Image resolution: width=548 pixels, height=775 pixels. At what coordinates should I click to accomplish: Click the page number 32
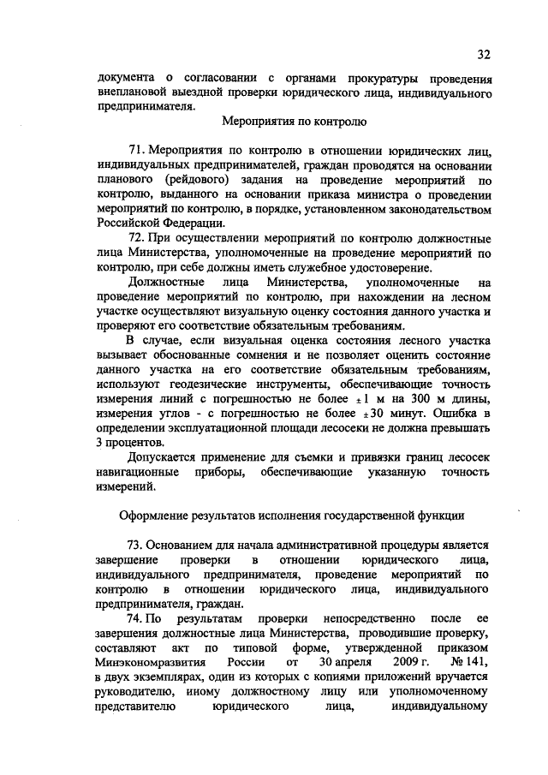pyautogui.click(x=484, y=55)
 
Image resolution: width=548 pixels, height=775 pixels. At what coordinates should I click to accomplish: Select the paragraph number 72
pyautogui.click(x=135, y=237)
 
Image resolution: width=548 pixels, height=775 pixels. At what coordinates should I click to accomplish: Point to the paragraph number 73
pyautogui.click(x=135, y=545)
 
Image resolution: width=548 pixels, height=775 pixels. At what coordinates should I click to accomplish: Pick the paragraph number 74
pyautogui.click(x=135, y=617)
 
